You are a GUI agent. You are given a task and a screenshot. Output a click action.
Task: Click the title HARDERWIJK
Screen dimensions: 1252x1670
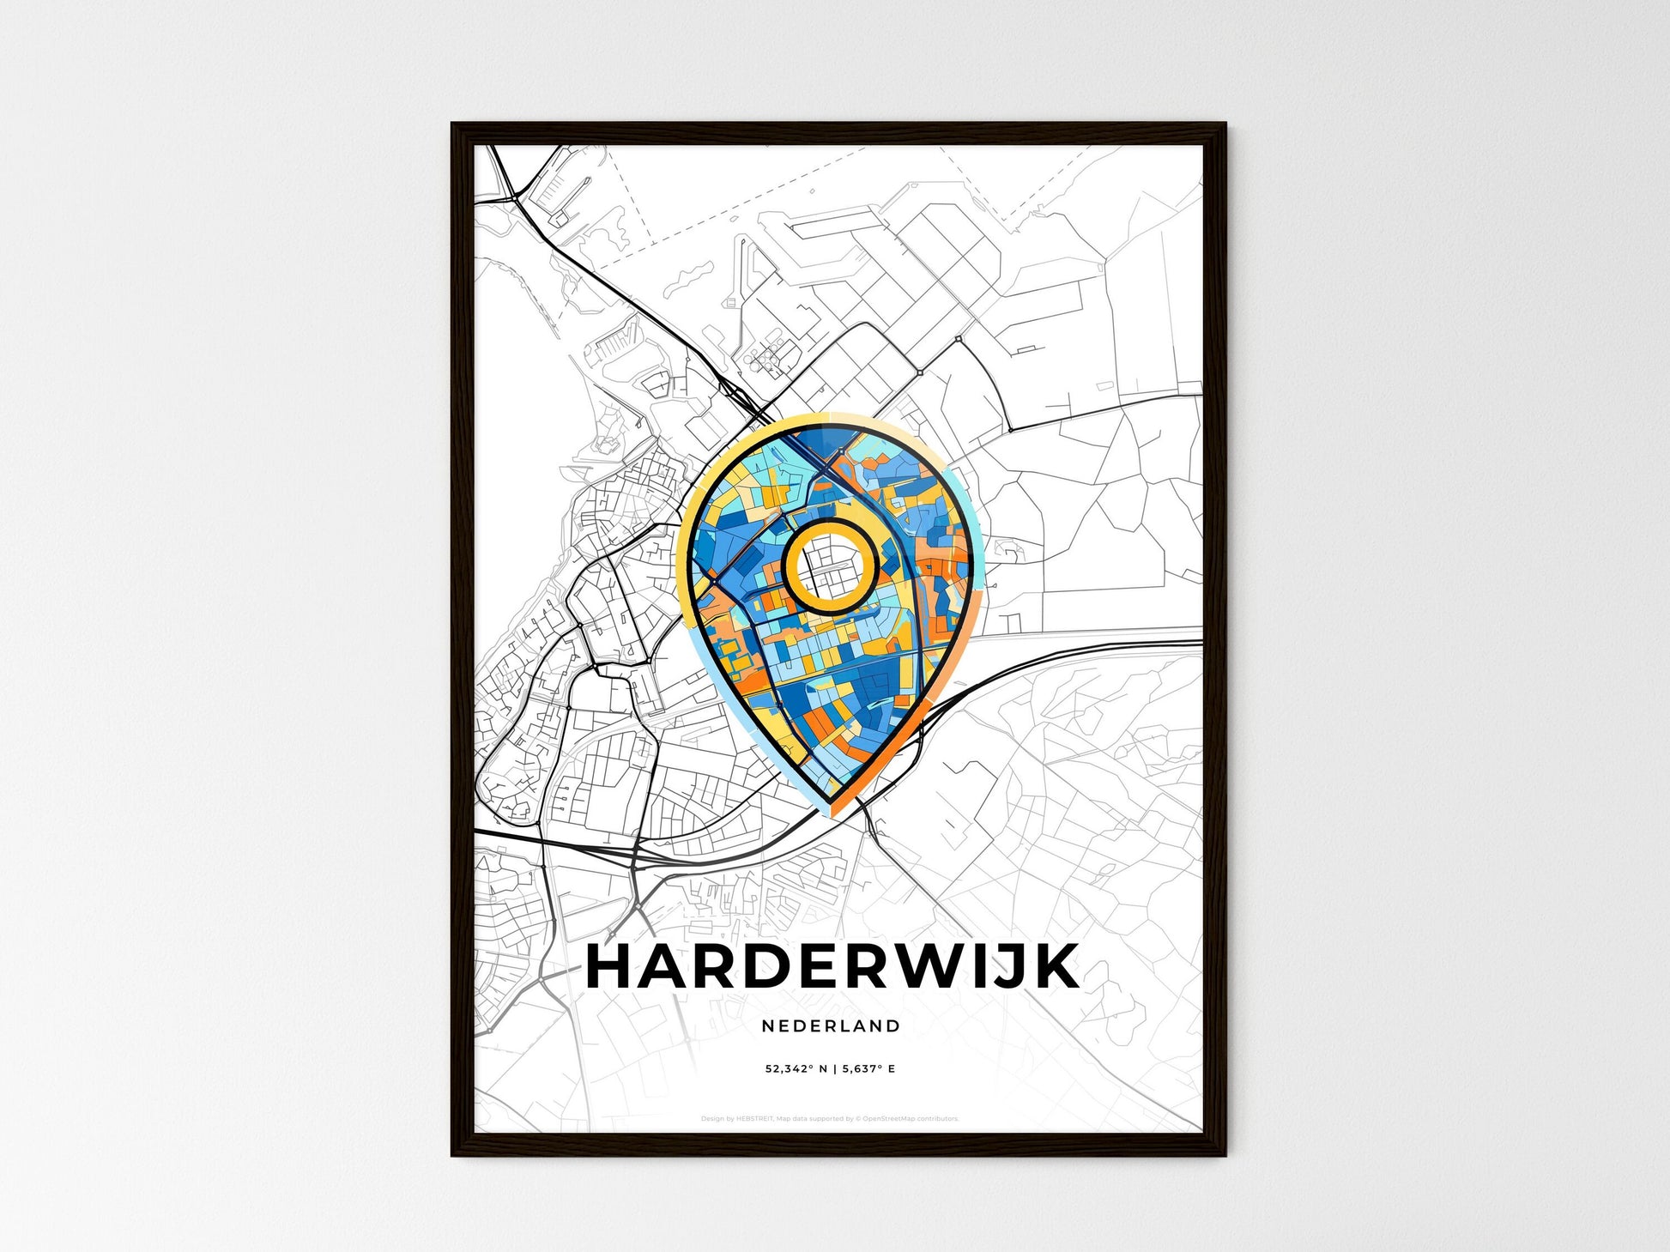click(x=832, y=967)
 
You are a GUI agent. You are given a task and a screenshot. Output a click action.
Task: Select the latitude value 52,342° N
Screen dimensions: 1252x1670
click(x=797, y=1068)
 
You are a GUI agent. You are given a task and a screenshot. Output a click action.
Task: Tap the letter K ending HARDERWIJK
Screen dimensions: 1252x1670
click(x=1055, y=967)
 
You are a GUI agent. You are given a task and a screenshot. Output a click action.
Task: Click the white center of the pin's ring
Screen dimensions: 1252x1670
click(x=830, y=566)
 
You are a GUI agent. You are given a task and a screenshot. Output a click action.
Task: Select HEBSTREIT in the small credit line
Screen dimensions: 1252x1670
click(x=755, y=1119)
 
